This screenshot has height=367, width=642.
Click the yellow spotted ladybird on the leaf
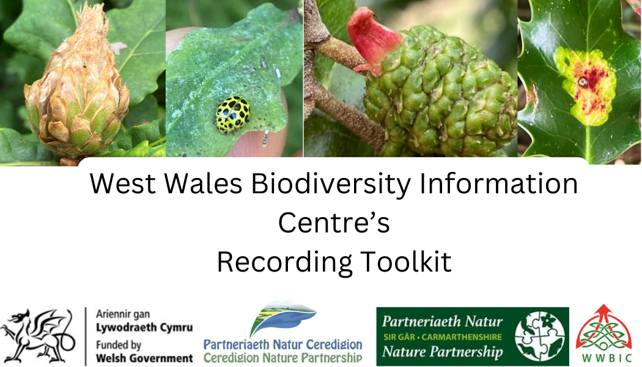click(233, 114)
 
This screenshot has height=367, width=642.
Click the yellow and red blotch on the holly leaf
click(585, 86)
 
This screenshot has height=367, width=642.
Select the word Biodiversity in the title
click(331, 183)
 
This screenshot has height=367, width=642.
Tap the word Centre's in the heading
click(334, 223)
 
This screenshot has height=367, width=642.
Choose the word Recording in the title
click(284, 262)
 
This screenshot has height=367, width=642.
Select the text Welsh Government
click(144, 358)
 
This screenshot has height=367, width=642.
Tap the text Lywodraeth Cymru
click(144, 328)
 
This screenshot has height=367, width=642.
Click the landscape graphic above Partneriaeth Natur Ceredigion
click(282, 319)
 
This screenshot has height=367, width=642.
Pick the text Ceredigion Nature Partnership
click(283, 358)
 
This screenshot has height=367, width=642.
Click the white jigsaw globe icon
click(540, 336)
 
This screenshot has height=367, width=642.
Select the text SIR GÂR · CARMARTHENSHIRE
click(443, 337)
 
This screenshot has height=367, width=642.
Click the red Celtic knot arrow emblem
click(603, 327)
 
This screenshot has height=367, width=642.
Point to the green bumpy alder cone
click(440, 91)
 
